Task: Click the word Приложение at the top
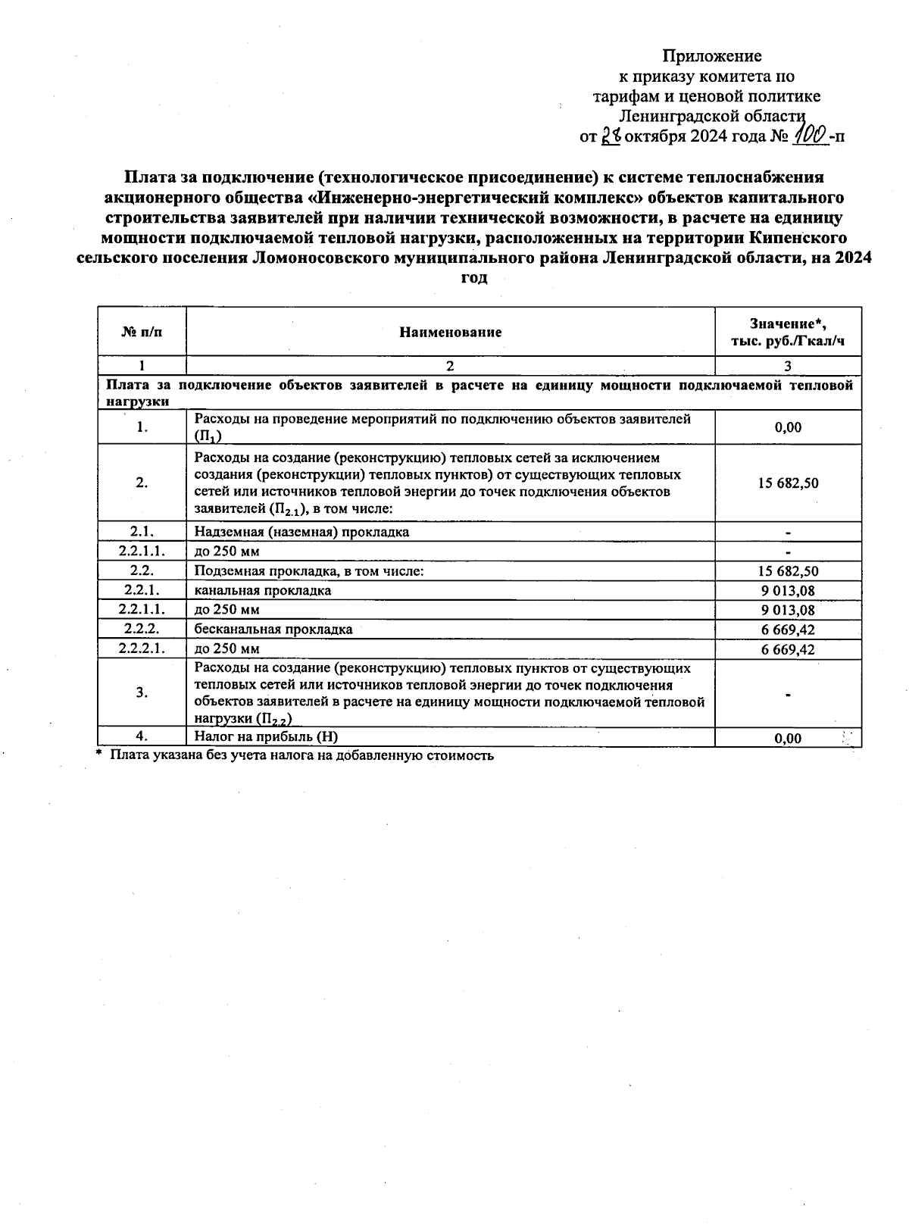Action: click(x=711, y=56)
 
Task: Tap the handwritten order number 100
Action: click(x=808, y=136)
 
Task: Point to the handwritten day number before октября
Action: click(x=611, y=136)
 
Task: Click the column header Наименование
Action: click(x=451, y=332)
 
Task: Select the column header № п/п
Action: click(x=142, y=332)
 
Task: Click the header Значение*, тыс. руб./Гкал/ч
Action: click(x=788, y=332)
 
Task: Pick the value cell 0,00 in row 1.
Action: click(x=788, y=427)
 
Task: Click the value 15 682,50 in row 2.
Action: click(x=788, y=483)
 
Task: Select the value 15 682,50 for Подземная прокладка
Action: click(x=788, y=571)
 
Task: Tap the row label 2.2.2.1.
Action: click(x=142, y=648)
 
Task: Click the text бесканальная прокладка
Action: click(x=273, y=630)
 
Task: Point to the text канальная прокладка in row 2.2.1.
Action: click(x=262, y=590)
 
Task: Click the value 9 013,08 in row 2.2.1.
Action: click(x=788, y=590)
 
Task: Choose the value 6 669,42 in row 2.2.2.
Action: click(x=788, y=630)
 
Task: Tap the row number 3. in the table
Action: click(x=142, y=692)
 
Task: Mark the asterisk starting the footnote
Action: click(x=99, y=754)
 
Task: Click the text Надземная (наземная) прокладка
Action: click(x=301, y=532)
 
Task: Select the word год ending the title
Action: click(x=474, y=278)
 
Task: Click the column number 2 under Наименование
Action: click(x=450, y=366)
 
